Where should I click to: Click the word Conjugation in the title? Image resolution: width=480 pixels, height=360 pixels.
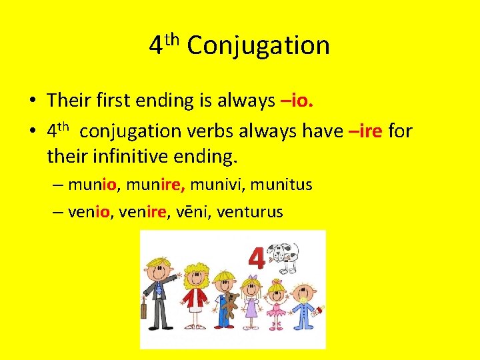[259, 46]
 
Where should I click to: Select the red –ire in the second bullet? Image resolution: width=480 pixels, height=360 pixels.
[365, 131]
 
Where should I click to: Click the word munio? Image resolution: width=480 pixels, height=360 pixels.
[92, 184]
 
